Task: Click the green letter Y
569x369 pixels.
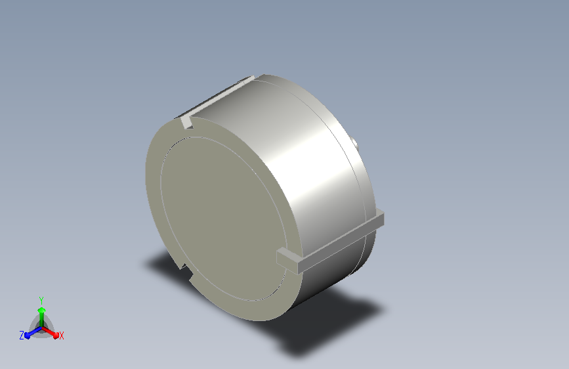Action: tap(41, 301)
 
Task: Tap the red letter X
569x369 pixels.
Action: tap(61, 336)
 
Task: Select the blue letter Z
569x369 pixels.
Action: tap(22, 336)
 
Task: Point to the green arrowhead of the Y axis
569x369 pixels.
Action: tap(41, 310)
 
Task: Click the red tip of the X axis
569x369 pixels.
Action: tap(56, 336)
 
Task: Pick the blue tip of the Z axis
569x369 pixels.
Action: tap(27, 336)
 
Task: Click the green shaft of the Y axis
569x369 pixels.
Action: tap(41, 320)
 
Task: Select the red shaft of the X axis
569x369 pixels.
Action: tap(49, 331)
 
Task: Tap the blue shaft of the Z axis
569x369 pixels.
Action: tap(35, 331)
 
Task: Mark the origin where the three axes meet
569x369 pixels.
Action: tap(41, 328)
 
